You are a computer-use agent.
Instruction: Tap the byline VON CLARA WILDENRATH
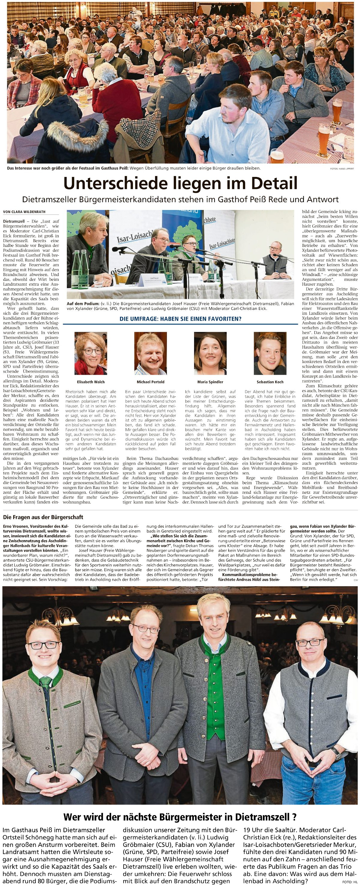click(24, 212)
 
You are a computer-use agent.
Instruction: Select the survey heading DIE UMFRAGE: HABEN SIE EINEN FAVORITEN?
click(180, 319)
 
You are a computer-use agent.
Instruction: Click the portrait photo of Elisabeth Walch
click(91, 353)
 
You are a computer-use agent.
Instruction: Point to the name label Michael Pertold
click(150, 382)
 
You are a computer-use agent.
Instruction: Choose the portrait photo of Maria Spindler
click(210, 353)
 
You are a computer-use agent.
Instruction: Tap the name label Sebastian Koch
click(270, 382)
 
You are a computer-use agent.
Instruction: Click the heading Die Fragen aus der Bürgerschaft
click(43, 517)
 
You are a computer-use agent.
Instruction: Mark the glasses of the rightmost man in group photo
click(310, 643)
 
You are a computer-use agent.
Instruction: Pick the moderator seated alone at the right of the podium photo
click(275, 260)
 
